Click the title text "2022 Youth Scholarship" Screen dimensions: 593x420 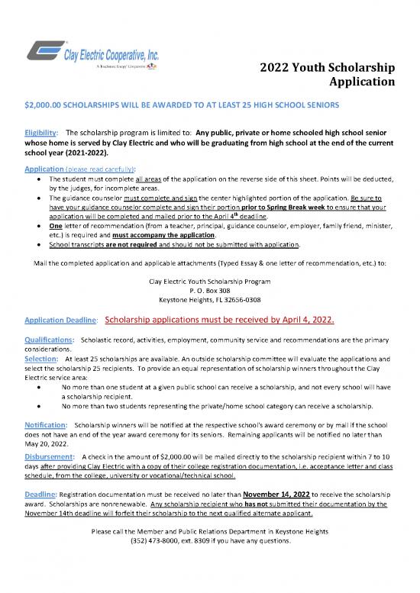323,67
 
